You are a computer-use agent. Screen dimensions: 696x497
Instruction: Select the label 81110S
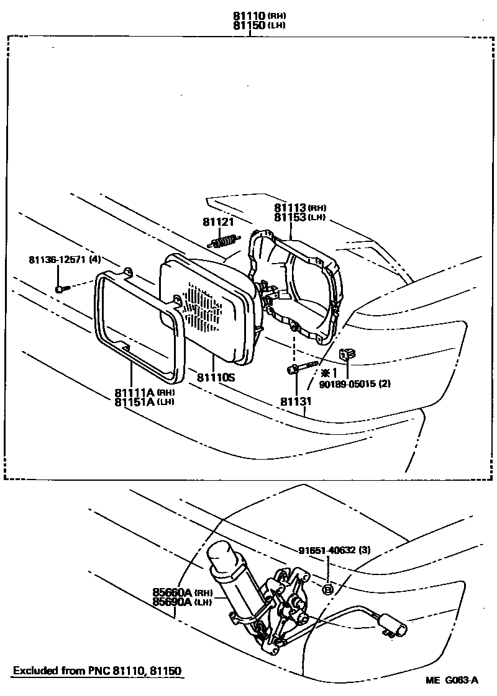tap(216, 377)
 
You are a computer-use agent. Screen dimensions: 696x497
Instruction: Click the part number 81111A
tap(134, 392)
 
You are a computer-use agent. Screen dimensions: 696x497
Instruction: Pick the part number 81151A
tap(134, 401)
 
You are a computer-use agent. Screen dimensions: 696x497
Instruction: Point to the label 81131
tap(295, 401)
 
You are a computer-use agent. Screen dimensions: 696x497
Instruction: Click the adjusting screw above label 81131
tap(303, 367)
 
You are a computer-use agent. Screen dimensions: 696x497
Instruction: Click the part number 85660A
tap(173, 592)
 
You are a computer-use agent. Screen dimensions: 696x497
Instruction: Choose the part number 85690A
tap(173, 602)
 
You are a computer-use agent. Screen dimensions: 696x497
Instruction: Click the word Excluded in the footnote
tap(32, 671)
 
